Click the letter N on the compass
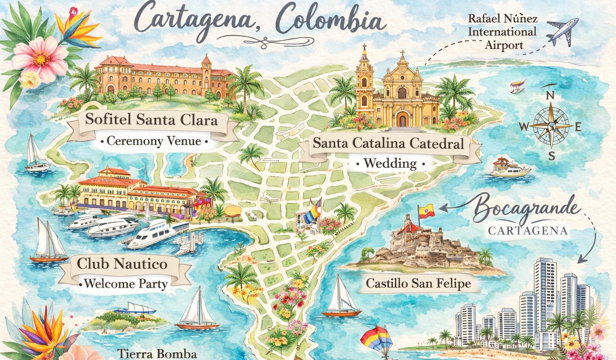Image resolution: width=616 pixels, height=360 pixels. (x=551, y=96)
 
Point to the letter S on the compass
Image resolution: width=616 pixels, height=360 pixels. (x=552, y=156)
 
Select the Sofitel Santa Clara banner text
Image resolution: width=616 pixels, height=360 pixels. (x=152, y=120)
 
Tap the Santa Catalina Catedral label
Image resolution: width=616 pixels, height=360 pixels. (x=388, y=143)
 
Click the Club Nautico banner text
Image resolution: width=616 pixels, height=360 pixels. (x=122, y=264)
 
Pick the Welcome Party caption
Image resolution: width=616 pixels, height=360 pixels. (x=123, y=284)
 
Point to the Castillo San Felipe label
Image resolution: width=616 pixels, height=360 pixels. (x=418, y=283)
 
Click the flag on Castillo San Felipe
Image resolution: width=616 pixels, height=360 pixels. (x=426, y=210)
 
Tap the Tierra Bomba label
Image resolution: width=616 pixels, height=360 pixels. (x=157, y=354)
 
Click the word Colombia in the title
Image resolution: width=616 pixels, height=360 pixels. (x=329, y=20)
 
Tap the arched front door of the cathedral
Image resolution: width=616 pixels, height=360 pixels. (x=401, y=119)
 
